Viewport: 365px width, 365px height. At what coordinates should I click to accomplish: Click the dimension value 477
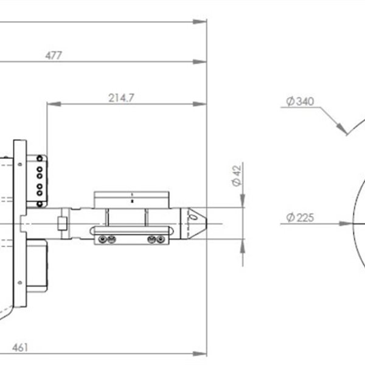(x=54, y=55)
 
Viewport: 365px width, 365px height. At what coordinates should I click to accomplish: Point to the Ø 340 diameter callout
(x=299, y=102)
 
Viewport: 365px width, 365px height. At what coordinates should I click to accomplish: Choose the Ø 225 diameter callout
(x=299, y=217)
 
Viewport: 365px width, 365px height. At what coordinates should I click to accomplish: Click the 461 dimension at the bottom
(x=20, y=347)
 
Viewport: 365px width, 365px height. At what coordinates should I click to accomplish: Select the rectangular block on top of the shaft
(x=131, y=199)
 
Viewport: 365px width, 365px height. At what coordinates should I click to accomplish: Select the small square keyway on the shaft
(x=61, y=223)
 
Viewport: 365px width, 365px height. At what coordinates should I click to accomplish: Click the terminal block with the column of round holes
(x=40, y=176)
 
